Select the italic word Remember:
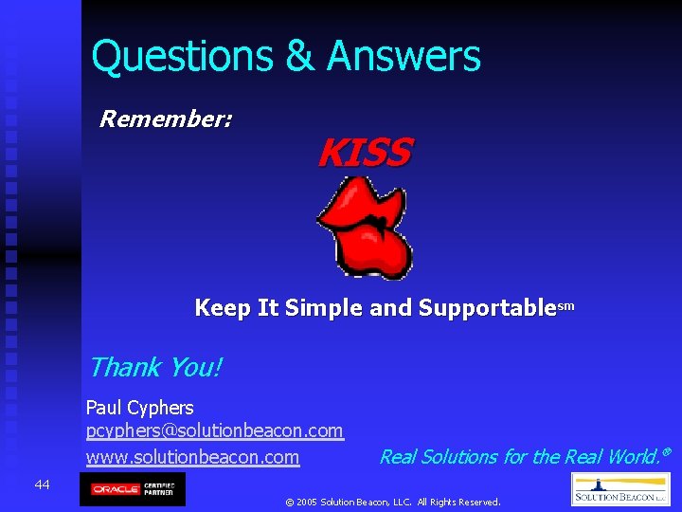pos(167,119)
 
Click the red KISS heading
pos(365,153)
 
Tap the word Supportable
pos(486,308)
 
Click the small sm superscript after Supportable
pos(565,305)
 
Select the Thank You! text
pos(154,367)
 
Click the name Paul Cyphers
pos(139,408)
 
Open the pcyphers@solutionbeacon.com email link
pos(214,431)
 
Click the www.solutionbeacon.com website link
pos(192,457)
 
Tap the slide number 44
pos(42,485)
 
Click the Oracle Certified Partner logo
pos(133,489)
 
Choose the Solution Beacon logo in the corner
pos(620,490)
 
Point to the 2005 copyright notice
pos(392,502)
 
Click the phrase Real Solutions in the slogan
pos(439,457)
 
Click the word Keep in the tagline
pos(222,308)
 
